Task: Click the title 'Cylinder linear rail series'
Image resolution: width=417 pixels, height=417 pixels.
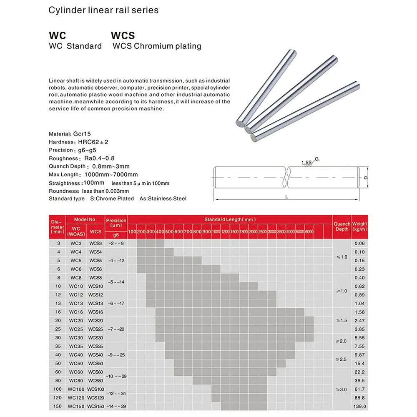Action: click(103, 10)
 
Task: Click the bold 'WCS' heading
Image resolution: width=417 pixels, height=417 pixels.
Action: click(123, 36)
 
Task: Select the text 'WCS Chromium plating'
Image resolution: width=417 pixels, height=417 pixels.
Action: click(157, 46)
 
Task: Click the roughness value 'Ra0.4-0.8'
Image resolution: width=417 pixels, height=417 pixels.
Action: click(99, 158)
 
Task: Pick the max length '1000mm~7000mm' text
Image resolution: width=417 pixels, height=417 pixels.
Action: click(111, 174)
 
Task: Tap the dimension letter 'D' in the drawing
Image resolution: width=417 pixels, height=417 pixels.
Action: click(365, 178)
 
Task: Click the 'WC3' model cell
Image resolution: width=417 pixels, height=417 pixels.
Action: click(76, 243)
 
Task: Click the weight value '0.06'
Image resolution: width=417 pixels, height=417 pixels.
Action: click(359, 243)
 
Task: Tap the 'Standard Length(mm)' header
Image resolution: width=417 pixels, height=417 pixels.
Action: click(230, 219)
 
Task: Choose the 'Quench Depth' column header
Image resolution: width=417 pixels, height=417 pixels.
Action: click(342, 226)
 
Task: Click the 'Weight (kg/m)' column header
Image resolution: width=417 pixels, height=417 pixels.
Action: click(359, 226)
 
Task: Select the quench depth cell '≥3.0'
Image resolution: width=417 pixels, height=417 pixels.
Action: click(342, 389)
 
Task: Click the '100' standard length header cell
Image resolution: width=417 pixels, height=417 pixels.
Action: click(132, 231)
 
